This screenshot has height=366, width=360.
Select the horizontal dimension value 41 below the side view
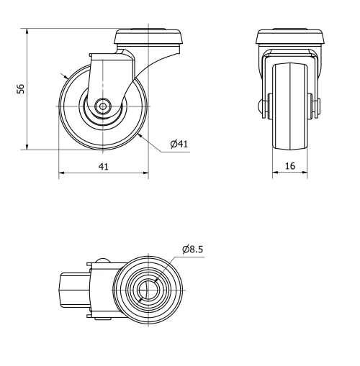103,167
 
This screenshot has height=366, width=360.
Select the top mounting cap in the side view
147,37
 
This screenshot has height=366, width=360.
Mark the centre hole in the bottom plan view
148,290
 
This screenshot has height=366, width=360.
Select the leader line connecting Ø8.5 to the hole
168,267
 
